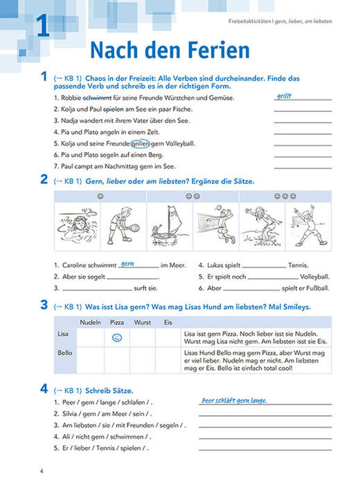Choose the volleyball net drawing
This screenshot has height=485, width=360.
(x=215, y=223)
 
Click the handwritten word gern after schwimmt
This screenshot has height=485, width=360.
(x=127, y=263)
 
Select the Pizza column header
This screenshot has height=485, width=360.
(x=117, y=322)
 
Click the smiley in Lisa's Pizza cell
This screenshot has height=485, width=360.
(x=117, y=338)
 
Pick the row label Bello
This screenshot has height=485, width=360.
(x=64, y=353)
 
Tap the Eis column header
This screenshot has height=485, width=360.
(x=168, y=322)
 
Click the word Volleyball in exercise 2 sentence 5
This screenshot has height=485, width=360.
(x=312, y=276)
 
